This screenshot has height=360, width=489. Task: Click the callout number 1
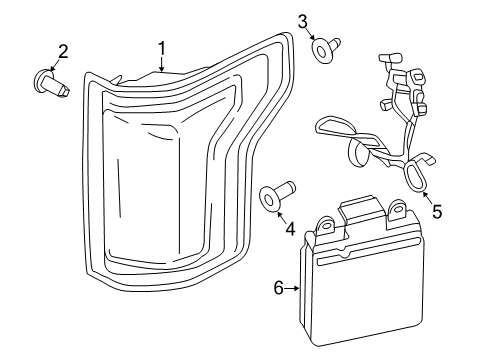coord(160,48)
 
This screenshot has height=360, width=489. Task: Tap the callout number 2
coord(63,51)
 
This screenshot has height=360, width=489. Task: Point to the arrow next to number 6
coord(294,288)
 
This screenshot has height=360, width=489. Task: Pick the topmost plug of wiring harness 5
coord(385,59)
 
